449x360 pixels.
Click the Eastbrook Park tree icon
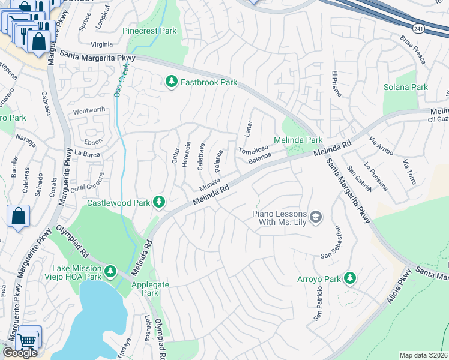pyautogui.click(x=172, y=81)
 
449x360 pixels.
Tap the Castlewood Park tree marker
pyautogui.click(x=159, y=202)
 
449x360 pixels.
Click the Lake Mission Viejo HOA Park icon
pyautogui.click(x=110, y=272)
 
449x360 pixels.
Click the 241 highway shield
pyautogui.click(x=418, y=27)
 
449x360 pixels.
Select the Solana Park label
pyautogui.click(x=406, y=87)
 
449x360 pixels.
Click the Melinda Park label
pyautogui.click(x=298, y=140)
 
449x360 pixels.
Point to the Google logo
pyautogui.click(x=20, y=353)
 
